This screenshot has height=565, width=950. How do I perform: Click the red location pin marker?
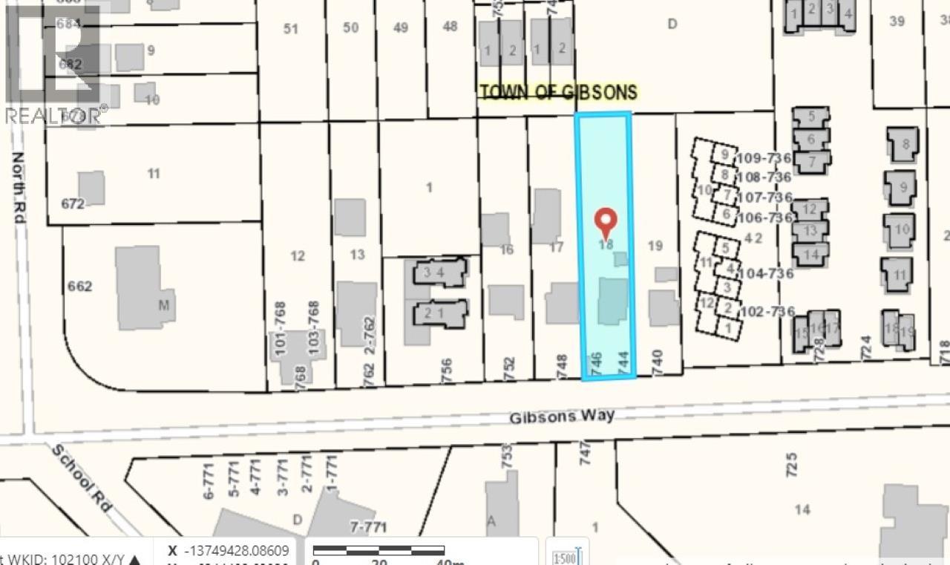607,220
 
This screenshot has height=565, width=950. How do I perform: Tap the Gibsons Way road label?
562,417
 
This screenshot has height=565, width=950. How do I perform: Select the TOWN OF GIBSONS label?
558,92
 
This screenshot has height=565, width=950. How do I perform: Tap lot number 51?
291,28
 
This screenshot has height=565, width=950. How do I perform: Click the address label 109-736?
764,157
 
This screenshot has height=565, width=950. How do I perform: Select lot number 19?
655,245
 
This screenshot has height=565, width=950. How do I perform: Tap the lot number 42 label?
753,238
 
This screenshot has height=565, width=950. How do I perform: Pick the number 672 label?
73,203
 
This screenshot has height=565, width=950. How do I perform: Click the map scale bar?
379,550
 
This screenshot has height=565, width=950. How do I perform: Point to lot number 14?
802,509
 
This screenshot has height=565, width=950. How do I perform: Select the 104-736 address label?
766,273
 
